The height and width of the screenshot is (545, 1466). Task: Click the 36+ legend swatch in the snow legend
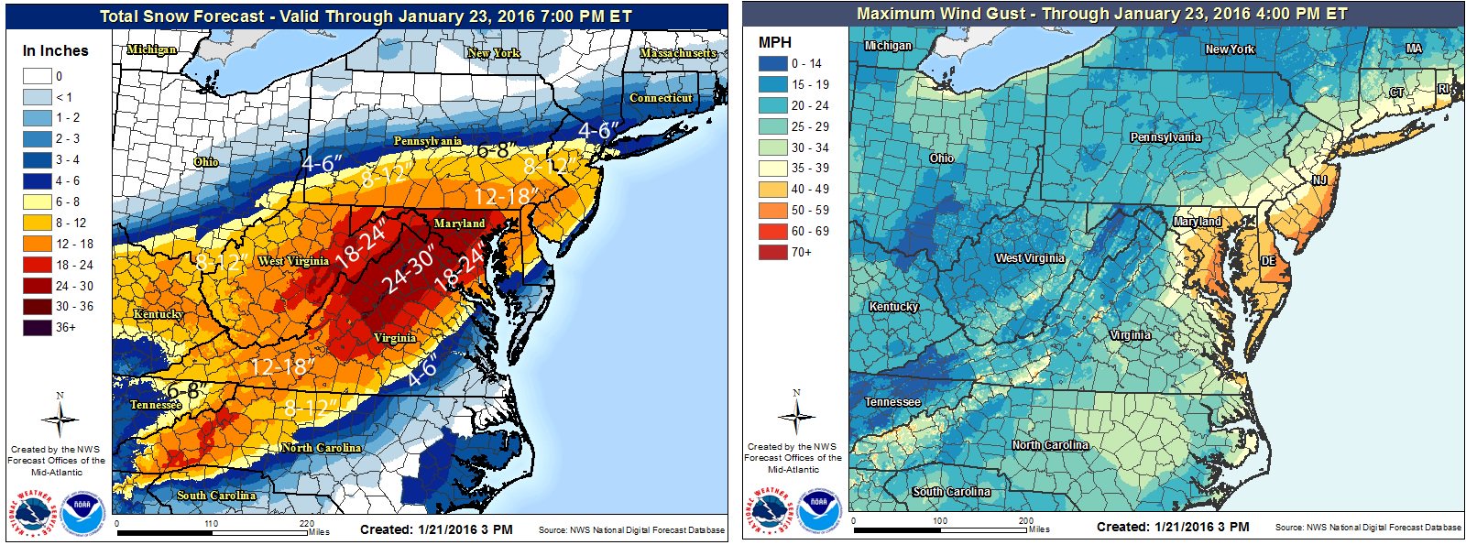click(x=37, y=327)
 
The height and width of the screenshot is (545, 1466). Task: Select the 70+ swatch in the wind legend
click(x=772, y=252)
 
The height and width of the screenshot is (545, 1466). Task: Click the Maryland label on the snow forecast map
click(x=459, y=223)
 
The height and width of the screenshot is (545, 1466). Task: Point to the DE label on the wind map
click(x=1268, y=261)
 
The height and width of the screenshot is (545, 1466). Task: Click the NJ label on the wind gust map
click(x=1319, y=180)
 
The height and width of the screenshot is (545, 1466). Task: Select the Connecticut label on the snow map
click(x=661, y=98)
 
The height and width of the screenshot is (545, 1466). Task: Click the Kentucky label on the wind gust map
click(x=893, y=307)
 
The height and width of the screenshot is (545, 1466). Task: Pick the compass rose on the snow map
click(x=60, y=420)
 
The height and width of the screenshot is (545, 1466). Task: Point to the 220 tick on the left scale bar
click(x=307, y=524)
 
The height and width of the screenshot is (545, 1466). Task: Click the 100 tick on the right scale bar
click(x=939, y=520)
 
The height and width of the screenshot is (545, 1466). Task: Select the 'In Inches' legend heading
click(x=55, y=51)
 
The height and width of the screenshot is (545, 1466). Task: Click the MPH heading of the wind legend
click(x=774, y=42)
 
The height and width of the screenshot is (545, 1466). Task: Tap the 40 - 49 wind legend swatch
click(x=772, y=189)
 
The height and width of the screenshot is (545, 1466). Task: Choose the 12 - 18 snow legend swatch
click(x=37, y=244)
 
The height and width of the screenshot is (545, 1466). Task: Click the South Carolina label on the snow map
click(x=216, y=496)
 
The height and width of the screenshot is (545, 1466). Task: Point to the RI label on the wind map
click(x=1443, y=89)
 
